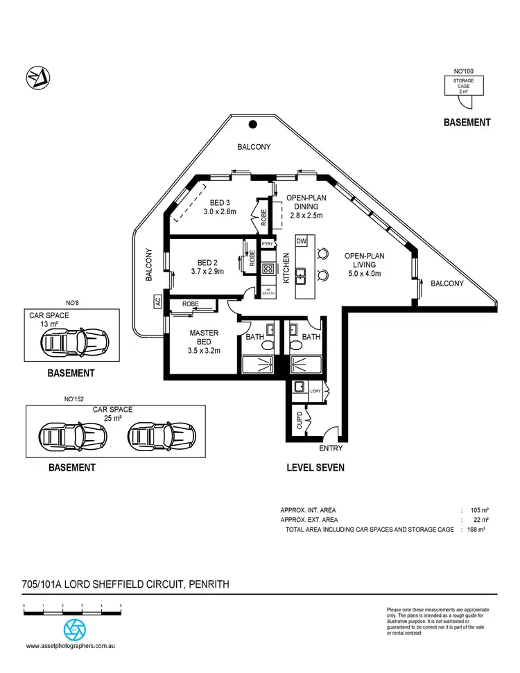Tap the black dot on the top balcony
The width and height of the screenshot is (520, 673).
pyautogui.click(x=253, y=125)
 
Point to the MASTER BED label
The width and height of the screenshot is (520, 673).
pyautogui.click(x=204, y=338)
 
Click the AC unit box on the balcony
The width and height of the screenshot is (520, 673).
pyautogui.click(x=158, y=301)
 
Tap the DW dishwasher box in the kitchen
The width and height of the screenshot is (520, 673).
pyautogui.click(x=301, y=241)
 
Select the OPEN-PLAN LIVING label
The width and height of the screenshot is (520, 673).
pyautogui.click(x=364, y=260)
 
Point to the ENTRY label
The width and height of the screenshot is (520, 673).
pyautogui.click(x=330, y=448)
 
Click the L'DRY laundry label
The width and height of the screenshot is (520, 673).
pyautogui.click(x=315, y=392)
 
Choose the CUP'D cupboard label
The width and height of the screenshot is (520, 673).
pyautogui.click(x=298, y=420)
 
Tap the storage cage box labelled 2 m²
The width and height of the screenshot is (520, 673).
pyautogui.click(x=464, y=86)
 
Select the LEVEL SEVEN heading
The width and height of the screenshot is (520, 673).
pyautogui.click(x=315, y=468)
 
